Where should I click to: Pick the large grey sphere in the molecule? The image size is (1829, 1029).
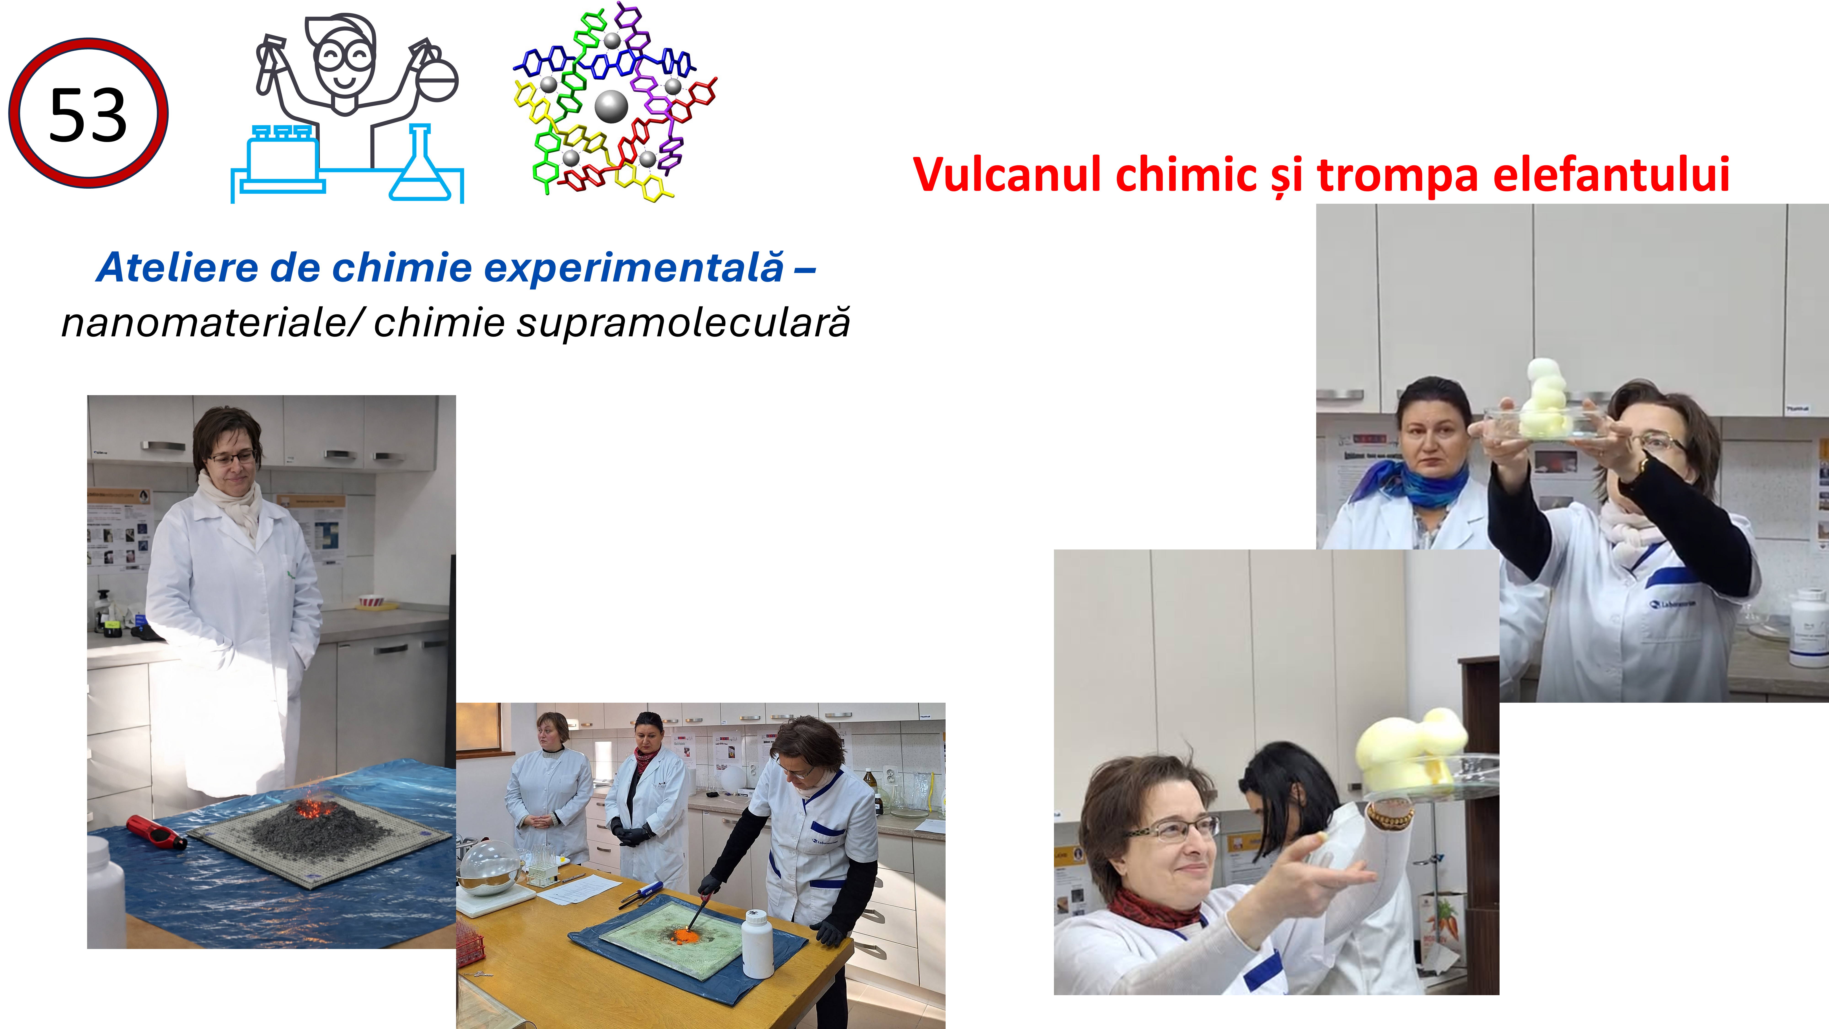[x=611, y=107]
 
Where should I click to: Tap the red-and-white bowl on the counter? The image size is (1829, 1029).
[x=369, y=602]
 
